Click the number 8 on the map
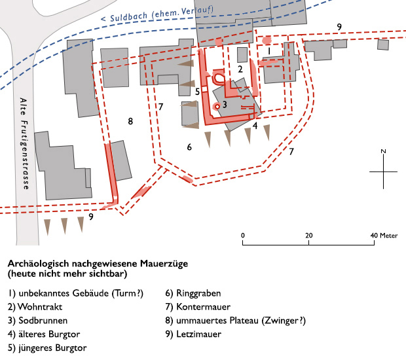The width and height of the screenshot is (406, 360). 130,121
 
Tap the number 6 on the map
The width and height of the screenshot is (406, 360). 189,147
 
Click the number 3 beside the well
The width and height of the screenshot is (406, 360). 224,104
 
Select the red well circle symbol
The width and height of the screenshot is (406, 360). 216,105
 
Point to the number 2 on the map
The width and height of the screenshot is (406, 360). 240,69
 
